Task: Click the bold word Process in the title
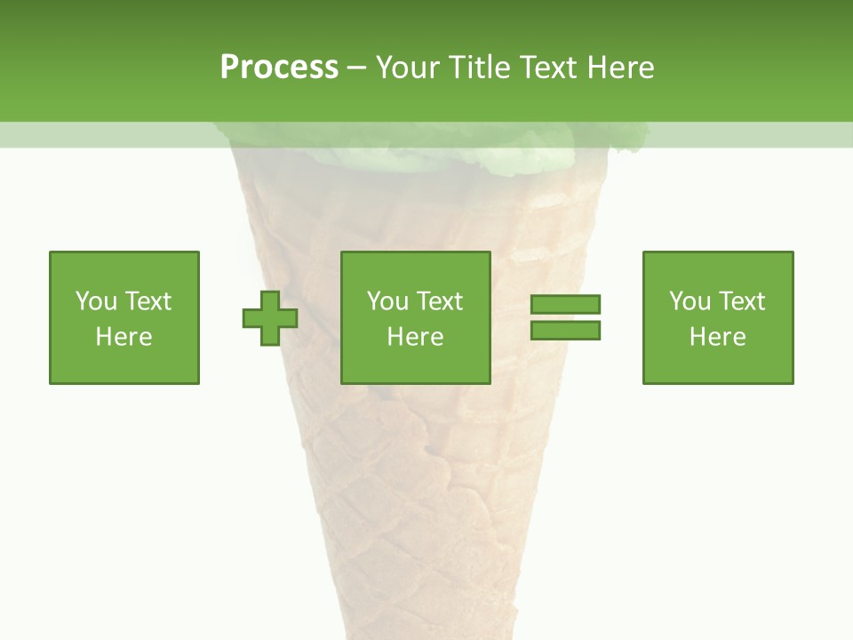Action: (x=279, y=68)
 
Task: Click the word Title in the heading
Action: (x=479, y=68)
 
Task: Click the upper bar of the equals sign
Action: (x=565, y=305)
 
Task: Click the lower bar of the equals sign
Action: (x=565, y=331)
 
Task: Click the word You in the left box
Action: (x=96, y=301)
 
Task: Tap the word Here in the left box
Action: (x=124, y=337)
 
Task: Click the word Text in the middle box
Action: (x=439, y=301)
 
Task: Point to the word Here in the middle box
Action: (x=415, y=337)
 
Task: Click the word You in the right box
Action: (x=690, y=301)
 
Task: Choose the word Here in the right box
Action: (x=717, y=337)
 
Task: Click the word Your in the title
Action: (x=408, y=68)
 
